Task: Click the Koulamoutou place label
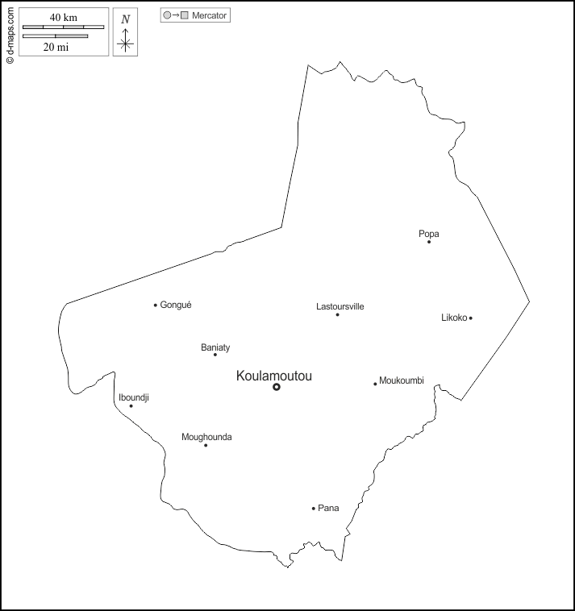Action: [274, 376]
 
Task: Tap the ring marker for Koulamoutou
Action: [277, 387]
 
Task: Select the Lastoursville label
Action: [340, 306]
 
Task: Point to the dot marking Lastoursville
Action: [337, 314]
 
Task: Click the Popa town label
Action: [429, 234]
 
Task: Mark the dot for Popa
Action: [429, 242]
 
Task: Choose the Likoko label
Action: [454, 318]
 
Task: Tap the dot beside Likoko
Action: [471, 318]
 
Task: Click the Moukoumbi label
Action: [402, 380]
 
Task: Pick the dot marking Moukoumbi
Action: [375, 384]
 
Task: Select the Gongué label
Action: [176, 305]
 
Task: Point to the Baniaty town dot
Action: [215, 355]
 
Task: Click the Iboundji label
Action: [134, 397]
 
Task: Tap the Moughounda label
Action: [206, 437]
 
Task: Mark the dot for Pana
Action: [314, 509]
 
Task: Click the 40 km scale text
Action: [63, 18]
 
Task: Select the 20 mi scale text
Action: [55, 47]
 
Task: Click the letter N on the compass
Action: [125, 19]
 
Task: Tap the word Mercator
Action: [210, 15]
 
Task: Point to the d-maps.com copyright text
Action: [10, 32]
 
